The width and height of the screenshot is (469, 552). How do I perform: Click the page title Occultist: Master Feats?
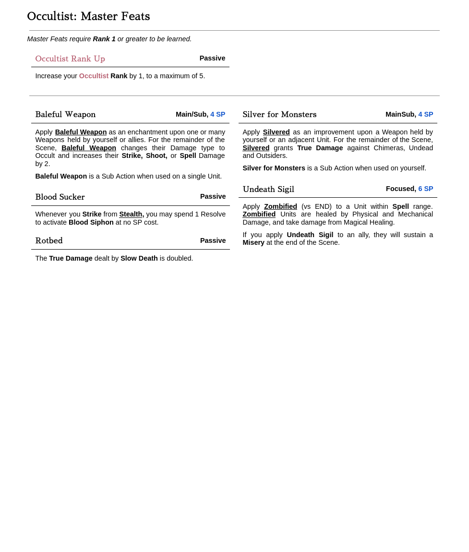(88, 16)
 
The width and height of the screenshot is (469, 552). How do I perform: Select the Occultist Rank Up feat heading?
(70, 59)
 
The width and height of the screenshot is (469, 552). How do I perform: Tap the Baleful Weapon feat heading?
(65, 114)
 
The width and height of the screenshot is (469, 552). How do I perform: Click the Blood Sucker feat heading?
(60, 197)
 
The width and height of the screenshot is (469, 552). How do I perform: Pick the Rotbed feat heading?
(49, 240)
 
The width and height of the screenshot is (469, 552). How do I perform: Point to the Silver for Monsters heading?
(279, 114)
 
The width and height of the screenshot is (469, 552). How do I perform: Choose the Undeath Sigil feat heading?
(268, 189)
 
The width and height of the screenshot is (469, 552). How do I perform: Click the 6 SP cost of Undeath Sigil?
(425, 189)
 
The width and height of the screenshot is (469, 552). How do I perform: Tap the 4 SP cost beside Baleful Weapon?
(217, 114)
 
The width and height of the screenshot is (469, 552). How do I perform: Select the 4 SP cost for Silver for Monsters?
(425, 114)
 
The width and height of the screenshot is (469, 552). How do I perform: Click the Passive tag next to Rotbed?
(213, 240)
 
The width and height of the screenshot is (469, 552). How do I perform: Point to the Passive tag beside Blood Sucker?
(213, 196)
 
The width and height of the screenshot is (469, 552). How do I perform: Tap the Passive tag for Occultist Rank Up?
(212, 58)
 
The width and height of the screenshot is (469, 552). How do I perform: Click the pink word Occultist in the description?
(94, 76)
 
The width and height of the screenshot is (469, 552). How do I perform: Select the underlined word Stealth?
(131, 214)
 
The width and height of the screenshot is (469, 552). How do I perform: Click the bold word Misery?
(253, 242)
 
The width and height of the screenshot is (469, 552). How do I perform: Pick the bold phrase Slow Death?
(139, 258)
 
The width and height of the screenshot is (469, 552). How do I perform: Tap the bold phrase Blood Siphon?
(91, 222)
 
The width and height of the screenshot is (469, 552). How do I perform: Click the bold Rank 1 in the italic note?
(104, 39)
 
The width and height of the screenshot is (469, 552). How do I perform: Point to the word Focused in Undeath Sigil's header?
(400, 189)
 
